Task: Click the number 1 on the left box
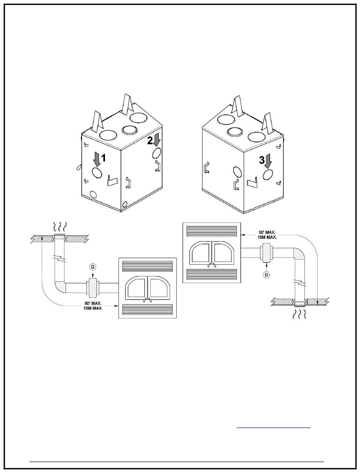coord(103,158)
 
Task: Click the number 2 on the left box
coord(150,141)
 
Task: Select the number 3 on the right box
coord(262,160)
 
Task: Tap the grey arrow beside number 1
coord(97,159)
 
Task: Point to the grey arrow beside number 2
coord(157,139)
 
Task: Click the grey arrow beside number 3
coord(268,161)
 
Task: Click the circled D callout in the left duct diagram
coord(93,267)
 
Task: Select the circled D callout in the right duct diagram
coord(267,275)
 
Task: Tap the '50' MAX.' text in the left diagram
coord(93,304)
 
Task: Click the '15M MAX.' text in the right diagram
coord(267,237)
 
